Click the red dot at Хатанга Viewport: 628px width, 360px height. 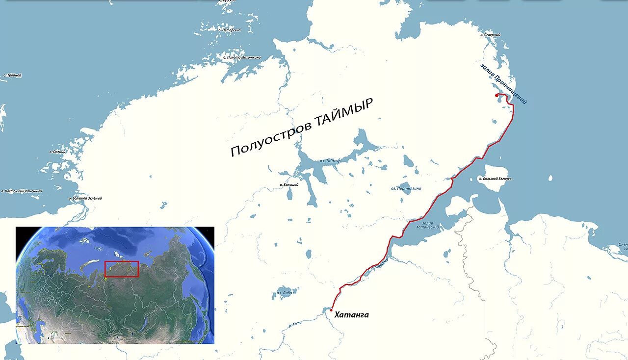pos(332,310)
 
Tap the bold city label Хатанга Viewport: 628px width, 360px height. pos(351,315)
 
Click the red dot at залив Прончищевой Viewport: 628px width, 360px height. pos(497,95)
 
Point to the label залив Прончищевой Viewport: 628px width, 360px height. pos(503,83)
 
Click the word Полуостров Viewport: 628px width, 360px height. pos(265,142)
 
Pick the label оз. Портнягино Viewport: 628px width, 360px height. pos(406,188)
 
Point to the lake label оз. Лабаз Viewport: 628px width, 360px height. pos(285,293)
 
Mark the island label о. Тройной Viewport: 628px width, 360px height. pos(12,76)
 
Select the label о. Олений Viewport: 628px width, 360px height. pos(58,152)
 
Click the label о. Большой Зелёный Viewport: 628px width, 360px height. pos(85,198)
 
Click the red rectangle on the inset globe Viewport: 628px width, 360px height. pos(122,269)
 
